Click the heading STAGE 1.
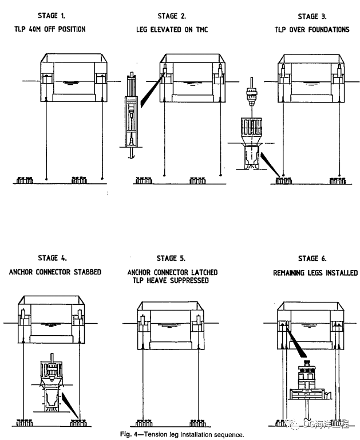(55, 16)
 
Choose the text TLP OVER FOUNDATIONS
(312, 29)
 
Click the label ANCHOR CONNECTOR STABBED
(55, 272)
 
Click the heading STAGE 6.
(312, 258)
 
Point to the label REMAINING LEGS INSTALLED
(312, 273)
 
